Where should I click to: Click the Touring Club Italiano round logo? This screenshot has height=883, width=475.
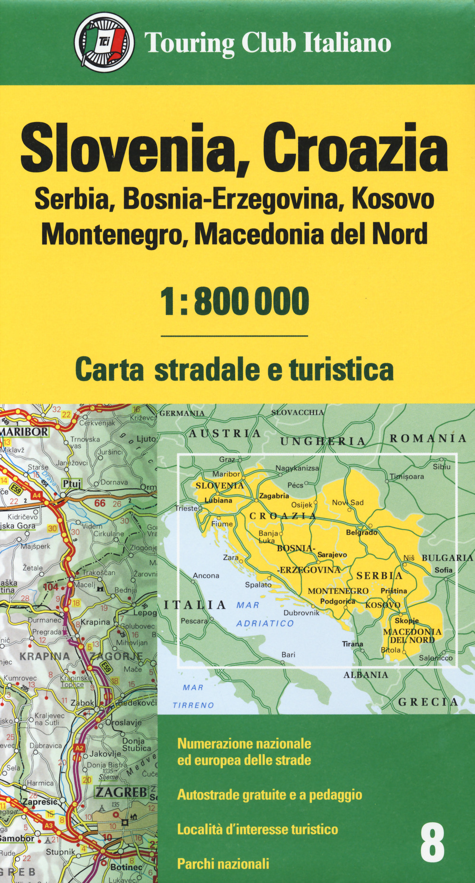pyautogui.click(x=104, y=42)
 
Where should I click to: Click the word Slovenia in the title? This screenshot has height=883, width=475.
pyautogui.click(x=128, y=148)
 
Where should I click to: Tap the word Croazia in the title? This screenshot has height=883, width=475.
pyautogui.click(x=356, y=148)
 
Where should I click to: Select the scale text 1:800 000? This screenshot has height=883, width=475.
pyautogui.click(x=235, y=301)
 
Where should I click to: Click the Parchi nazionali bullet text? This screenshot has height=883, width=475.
pyautogui.click(x=223, y=864)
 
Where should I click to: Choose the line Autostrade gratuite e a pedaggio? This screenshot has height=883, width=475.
pyautogui.click(x=269, y=795)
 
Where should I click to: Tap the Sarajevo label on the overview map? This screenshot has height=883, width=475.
pyautogui.click(x=332, y=554)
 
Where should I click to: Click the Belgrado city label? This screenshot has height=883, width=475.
pyautogui.click(x=361, y=533)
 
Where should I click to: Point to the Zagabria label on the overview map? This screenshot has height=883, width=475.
pyautogui.click(x=274, y=496)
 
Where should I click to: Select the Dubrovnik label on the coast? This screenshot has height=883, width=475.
pyautogui.click(x=301, y=612)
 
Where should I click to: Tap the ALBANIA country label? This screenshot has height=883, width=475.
pyautogui.click(x=366, y=675)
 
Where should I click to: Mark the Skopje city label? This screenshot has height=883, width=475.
pyautogui.click(x=407, y=620)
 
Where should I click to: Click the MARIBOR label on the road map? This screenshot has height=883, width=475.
pyautogui.click(x=24, y=432)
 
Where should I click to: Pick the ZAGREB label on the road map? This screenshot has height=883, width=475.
pyautogui.click(x=122, y=792)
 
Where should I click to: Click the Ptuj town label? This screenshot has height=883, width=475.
pyautogui.click(x=72, y=484)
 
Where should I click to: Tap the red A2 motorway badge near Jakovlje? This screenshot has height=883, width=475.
pyautogui.click(x=79, y=748)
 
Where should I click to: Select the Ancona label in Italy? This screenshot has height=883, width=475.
pyautogui.click(x=206, y=576)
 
